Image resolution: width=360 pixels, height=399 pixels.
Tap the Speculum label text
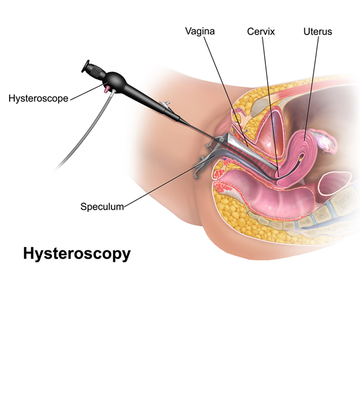coord(102,207)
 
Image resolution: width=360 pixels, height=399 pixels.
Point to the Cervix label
coord(261,31)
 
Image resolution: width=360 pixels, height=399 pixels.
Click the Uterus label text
coord(317,31)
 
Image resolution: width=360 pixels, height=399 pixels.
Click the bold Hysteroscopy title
coord(77,253)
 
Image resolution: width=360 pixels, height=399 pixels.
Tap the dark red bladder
coord(273,129)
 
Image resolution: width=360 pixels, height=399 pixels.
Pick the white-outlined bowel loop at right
coord(338,183)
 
